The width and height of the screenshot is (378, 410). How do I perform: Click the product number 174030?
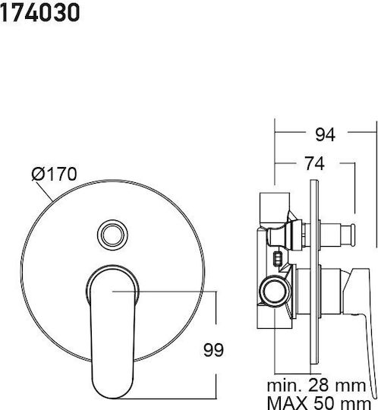(39, 12)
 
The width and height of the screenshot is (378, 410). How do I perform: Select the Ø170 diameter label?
(54, 174)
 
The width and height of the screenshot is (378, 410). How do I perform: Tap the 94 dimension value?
(325, 134)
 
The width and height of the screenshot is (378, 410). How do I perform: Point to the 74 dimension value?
(315, 163)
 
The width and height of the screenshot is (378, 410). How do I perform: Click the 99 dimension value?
(213, 350)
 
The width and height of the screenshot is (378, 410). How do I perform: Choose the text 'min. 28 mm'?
(317, 386)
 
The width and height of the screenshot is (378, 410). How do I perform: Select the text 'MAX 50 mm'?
(320, 403)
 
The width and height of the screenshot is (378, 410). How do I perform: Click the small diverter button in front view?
(112, 235)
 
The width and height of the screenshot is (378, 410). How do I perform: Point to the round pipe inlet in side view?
(274, 291)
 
